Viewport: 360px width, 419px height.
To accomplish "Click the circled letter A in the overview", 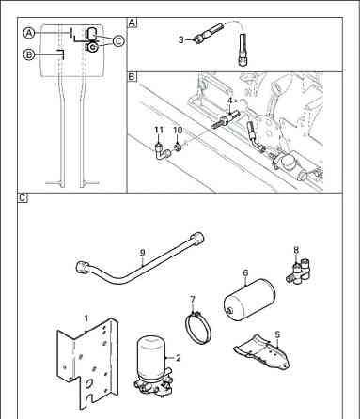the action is (x=29, y=33).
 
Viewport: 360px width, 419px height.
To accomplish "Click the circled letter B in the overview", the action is (x=29, y=54).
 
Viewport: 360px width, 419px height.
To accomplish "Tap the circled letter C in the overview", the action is (x=118, y=40).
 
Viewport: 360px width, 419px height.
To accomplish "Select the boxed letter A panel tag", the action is (x=133, y=23).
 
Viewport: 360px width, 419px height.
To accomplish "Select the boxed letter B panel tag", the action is (x=133, y=76).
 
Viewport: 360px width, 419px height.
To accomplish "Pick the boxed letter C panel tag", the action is (x=23, y=198).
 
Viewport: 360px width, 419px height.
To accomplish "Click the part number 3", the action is (x=181, y=40).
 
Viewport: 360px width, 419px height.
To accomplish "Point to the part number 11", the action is (x=159, y=130).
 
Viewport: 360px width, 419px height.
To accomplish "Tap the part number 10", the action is (x=178, y=130).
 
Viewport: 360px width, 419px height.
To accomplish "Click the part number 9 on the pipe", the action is (x=143, y=253).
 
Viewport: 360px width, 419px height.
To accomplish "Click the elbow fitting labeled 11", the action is (x=163, y=152).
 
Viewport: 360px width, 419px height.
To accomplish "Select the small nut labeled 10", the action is (x=178, y=147).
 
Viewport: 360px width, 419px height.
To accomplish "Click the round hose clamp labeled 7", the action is (x=197, y=328).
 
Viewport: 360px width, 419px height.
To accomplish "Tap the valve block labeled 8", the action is (x=300, y=271).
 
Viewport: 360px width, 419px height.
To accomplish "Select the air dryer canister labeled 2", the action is (x=152, y=365).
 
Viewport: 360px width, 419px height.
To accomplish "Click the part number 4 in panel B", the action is (x=229, y=101).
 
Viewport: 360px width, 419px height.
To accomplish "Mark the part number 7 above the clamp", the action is (x=193, y=299).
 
